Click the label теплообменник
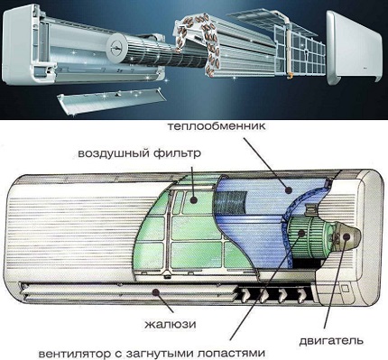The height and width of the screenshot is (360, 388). pos(217,125)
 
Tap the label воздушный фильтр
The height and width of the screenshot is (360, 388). pos(139,153)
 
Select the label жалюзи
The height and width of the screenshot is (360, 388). pos(171,325)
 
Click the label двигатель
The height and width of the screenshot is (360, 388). pos(331,341)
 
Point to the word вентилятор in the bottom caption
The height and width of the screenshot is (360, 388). pos(77,353)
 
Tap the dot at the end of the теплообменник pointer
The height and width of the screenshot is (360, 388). pos(289,189)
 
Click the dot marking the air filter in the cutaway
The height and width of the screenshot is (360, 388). pos(194,199)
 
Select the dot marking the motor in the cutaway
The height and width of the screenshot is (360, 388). pos(346,236)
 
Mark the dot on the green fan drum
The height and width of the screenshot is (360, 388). pos(301,233)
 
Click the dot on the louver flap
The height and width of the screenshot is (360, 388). pos(155,291)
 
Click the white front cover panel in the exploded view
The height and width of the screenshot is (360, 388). pos(354,48)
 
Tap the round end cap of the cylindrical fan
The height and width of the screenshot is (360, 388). pos(116,48)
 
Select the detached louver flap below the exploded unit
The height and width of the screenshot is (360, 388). pos(111,101)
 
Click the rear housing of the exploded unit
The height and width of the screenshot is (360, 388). pos(81,48)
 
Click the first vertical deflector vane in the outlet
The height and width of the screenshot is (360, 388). pos(245,295)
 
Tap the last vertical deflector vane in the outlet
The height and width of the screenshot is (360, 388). pos(301,295)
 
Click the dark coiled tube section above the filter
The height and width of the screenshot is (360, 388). pos(230,199)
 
